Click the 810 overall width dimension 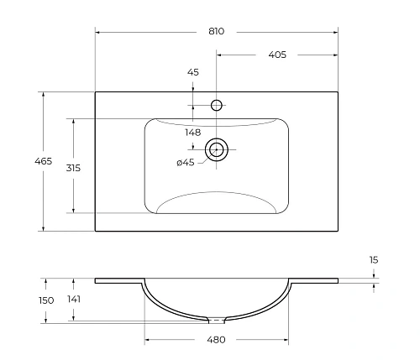click(x=217, y=31)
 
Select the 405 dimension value click(x=278, y=55)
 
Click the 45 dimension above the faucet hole click(x=192, y=73)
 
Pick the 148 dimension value click(x=192, y=132)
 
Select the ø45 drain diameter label click(x=185, y=163)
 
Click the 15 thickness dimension click(x=373, y=261)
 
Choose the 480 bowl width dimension click(x=217, y=340)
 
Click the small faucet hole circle click(x=217, y=105)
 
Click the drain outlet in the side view click(x=217, y=319)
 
